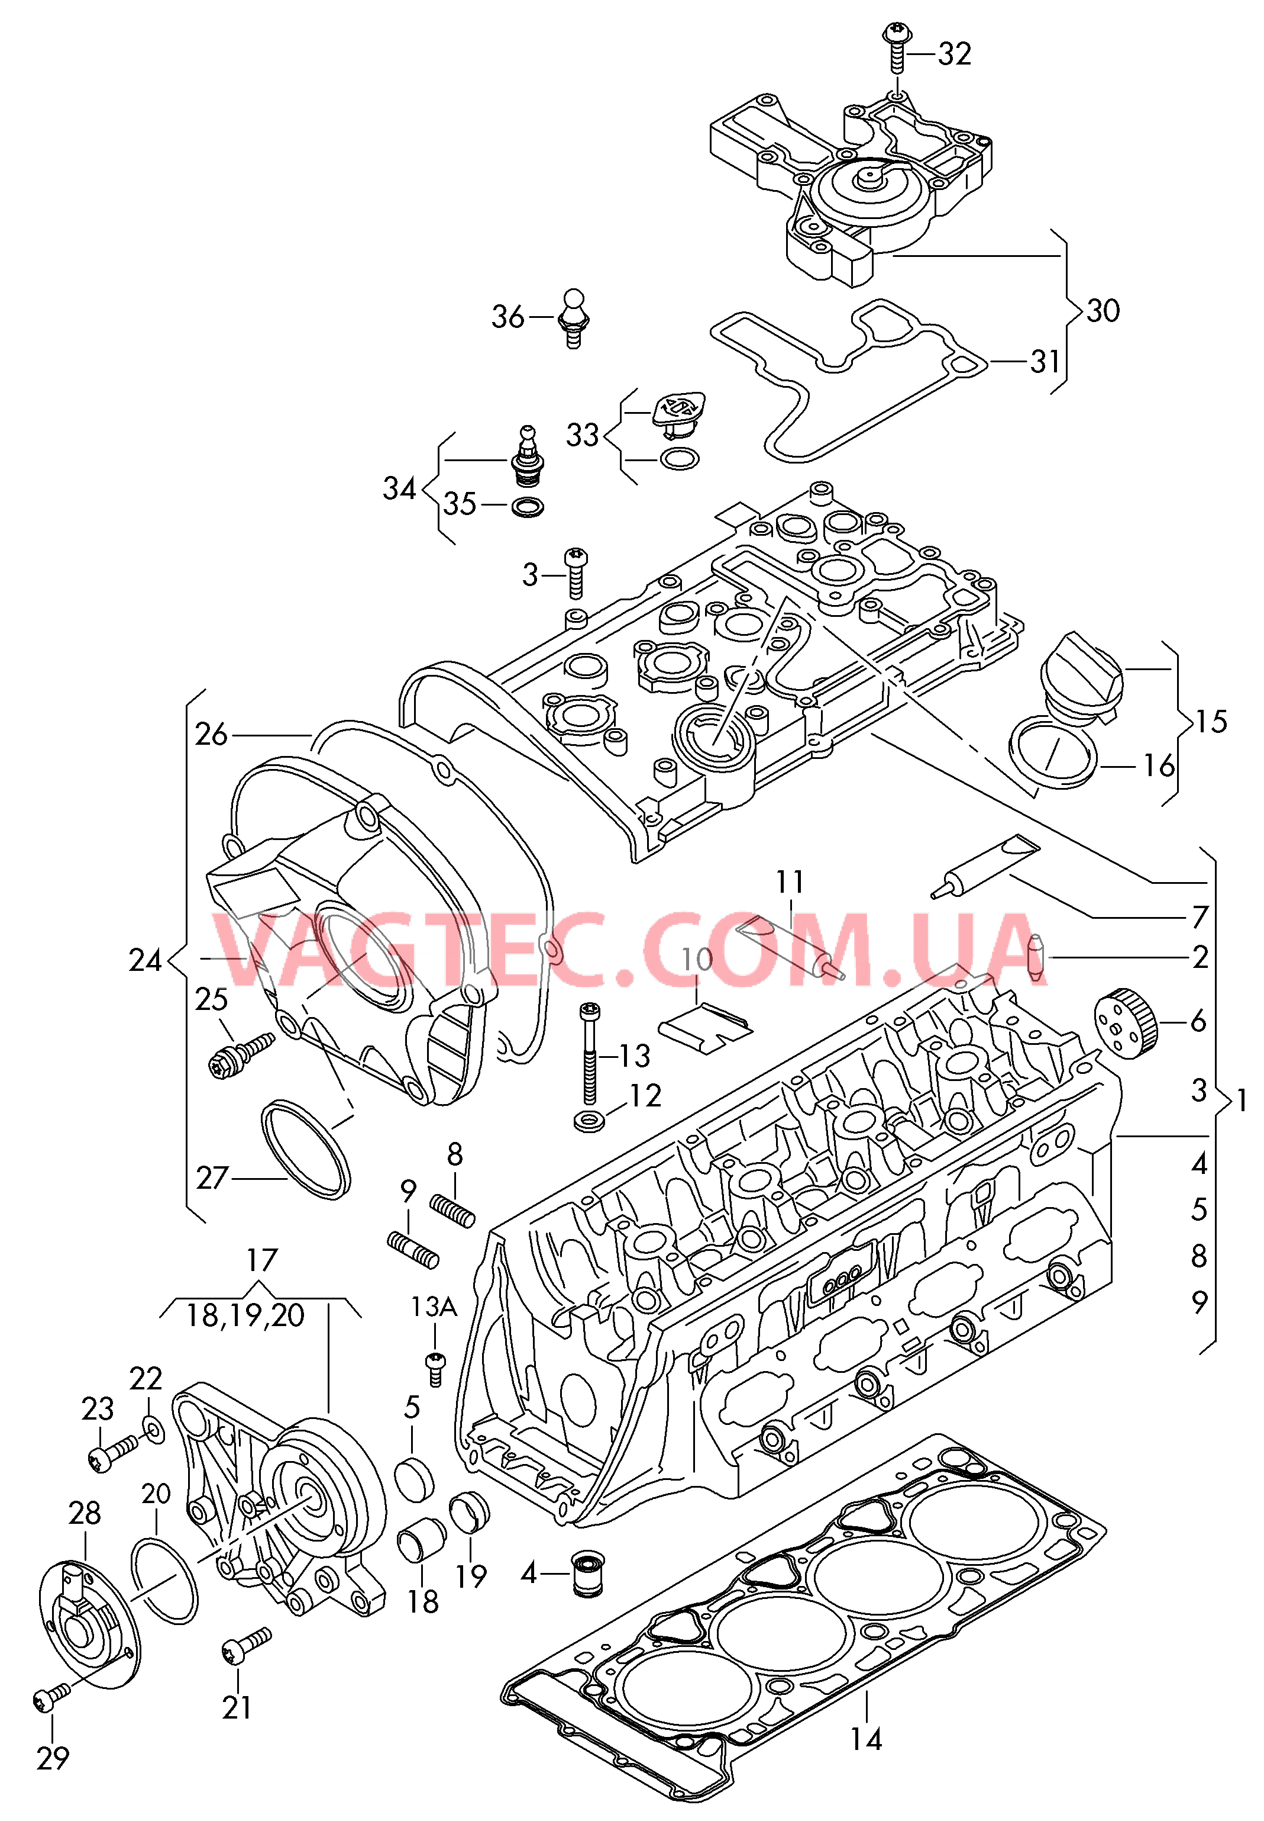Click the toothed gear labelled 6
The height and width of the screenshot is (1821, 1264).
click(1126, 1023)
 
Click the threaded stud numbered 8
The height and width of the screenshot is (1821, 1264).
click(453, 1210)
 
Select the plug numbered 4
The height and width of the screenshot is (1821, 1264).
click(587, 1573)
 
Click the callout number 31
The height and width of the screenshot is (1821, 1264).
click(1045, 362)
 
